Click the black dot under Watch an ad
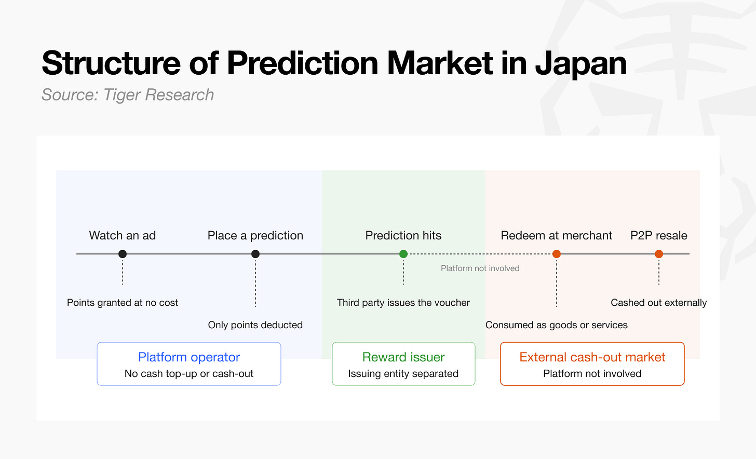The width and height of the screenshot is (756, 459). [123, 254]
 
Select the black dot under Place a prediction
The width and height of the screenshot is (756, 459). [255, 254]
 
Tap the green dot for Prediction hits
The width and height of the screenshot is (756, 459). [403, 254]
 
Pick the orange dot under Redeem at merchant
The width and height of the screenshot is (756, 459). [557, 254]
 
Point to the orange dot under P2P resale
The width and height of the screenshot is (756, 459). [659, 254]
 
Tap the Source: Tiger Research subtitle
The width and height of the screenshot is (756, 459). [128, 95]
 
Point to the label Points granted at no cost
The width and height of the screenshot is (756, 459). [123, 303]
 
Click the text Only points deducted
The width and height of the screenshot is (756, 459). [255, 325]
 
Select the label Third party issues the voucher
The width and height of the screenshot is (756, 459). [403, 303]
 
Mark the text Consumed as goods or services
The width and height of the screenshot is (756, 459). [557, 325]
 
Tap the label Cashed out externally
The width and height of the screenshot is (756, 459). [659, 303]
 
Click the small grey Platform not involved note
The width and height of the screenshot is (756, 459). [480, 268]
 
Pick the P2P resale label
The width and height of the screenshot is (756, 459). [659, 236]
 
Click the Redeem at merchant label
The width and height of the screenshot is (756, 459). [557, 236]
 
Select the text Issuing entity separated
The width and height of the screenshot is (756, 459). [403, 374]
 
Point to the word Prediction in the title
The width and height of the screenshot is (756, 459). [302, 63]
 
